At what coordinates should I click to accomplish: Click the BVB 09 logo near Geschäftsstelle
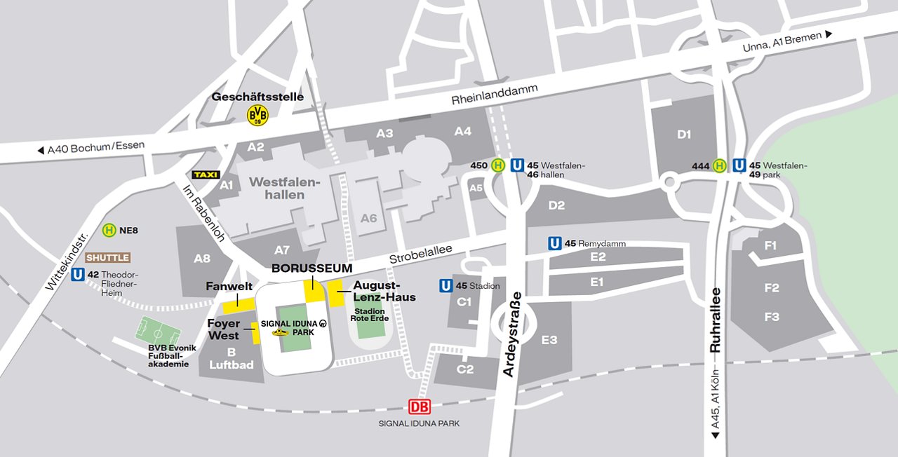(257, 115)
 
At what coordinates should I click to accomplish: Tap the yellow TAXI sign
(206, 175)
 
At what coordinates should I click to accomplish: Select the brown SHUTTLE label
(107, 258)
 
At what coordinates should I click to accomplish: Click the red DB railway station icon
(420, 407)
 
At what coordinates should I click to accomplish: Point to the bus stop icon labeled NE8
(109, 230)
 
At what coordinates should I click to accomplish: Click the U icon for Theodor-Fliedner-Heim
(78, 275)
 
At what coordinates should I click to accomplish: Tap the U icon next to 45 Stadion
(445, 286)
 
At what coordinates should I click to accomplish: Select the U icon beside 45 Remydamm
(555, 243)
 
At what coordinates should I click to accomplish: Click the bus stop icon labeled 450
(497, 165)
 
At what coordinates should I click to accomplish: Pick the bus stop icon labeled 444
(719, 165)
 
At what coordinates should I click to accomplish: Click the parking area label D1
(684, 134)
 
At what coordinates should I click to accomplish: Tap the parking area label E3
(549, 340)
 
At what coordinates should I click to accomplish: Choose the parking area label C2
(465, 369)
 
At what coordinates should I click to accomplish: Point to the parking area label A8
(202, 259)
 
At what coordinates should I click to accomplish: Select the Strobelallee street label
(421, 254)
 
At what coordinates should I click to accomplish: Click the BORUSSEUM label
(312, 268)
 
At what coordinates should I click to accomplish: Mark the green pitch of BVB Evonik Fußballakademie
(158, 329)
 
